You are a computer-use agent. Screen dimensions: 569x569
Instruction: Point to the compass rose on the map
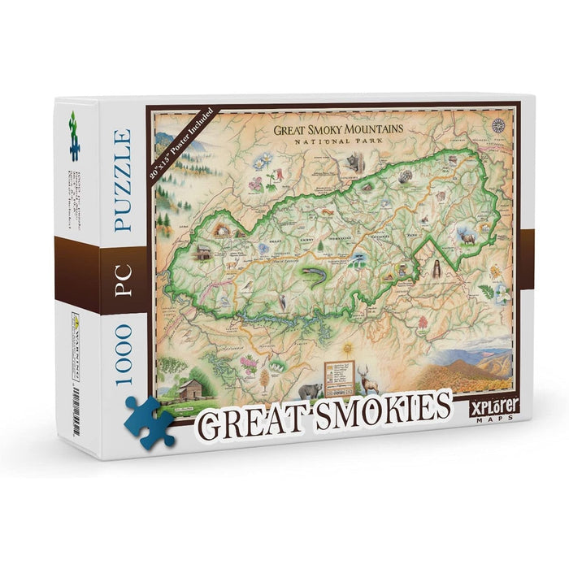coord(497,125)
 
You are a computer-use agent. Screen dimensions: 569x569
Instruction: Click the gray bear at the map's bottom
coord(310,390)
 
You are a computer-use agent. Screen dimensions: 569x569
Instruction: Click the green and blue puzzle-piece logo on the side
coord(74,136)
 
